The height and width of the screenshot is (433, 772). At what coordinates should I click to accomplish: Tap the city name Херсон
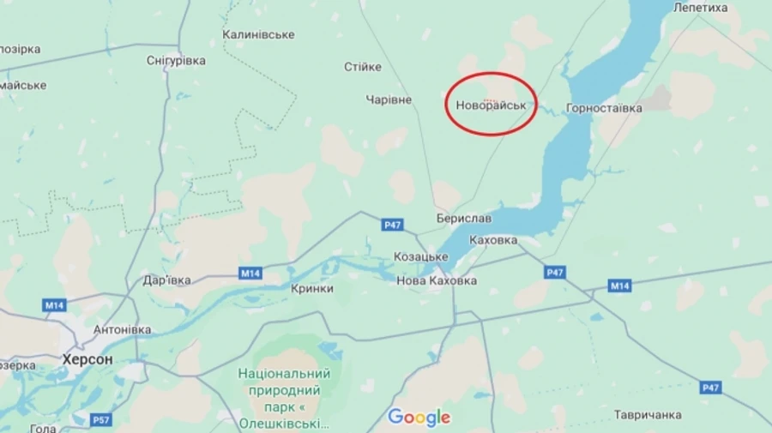click(87, 359)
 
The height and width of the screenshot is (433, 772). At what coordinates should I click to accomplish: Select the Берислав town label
click(463, 219)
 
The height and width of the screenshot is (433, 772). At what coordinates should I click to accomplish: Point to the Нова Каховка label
click(437, 280)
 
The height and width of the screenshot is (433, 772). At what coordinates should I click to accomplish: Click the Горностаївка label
click(604, 109)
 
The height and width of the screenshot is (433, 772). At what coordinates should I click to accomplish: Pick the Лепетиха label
click(701, 8)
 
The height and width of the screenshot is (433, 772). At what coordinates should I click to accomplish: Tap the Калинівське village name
click(258, 34)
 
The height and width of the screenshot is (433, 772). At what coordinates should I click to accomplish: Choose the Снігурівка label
click(176, 61)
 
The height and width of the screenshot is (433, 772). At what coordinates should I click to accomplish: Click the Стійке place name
click(362, 67)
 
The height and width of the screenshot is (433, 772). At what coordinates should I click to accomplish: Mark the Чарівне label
click(389, 99)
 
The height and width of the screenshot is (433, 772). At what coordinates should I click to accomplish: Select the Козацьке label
click(420, 256)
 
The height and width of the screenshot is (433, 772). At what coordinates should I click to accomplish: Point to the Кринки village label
click(312, 289)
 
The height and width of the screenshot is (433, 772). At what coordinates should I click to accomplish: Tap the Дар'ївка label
click(167, 280)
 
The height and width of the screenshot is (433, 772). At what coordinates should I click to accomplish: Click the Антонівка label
click(122, 329)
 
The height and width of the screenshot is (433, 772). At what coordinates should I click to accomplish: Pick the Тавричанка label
click(648, 415)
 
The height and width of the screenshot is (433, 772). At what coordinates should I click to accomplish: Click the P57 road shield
click(101, 419)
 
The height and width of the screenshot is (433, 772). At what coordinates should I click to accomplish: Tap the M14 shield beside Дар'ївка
click(250, 274)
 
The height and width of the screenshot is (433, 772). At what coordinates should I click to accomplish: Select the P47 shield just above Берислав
click(392, 225)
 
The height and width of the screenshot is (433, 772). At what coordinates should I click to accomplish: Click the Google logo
click(419, 418)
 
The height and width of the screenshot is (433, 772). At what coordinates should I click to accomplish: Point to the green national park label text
click(285, 399)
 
